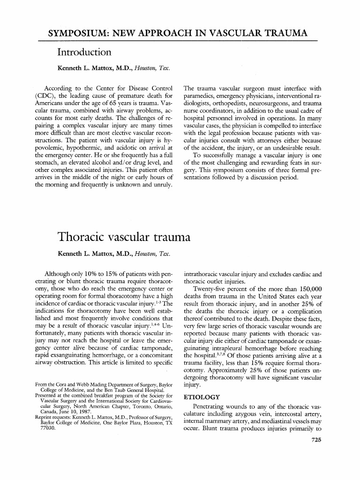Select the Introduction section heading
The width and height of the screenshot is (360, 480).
coord(84,52)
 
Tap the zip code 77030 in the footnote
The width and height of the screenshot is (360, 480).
coord(46,429)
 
